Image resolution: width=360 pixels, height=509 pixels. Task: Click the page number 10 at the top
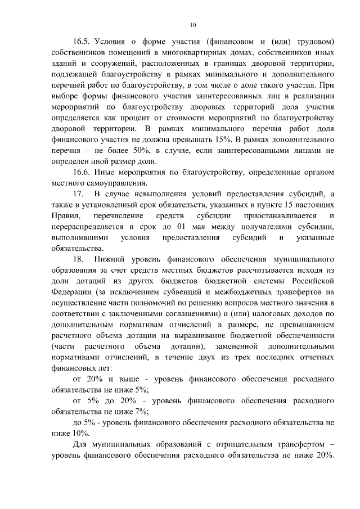pos(193,25)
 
